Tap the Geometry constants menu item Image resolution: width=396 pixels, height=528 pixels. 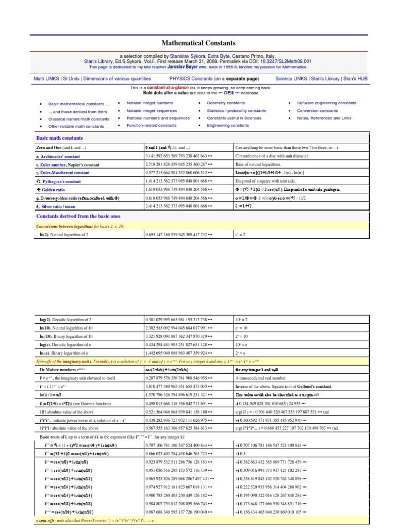pos(226,103)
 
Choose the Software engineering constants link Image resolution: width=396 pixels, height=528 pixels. pos(326,103)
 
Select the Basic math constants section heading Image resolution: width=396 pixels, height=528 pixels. pos(59,138)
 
